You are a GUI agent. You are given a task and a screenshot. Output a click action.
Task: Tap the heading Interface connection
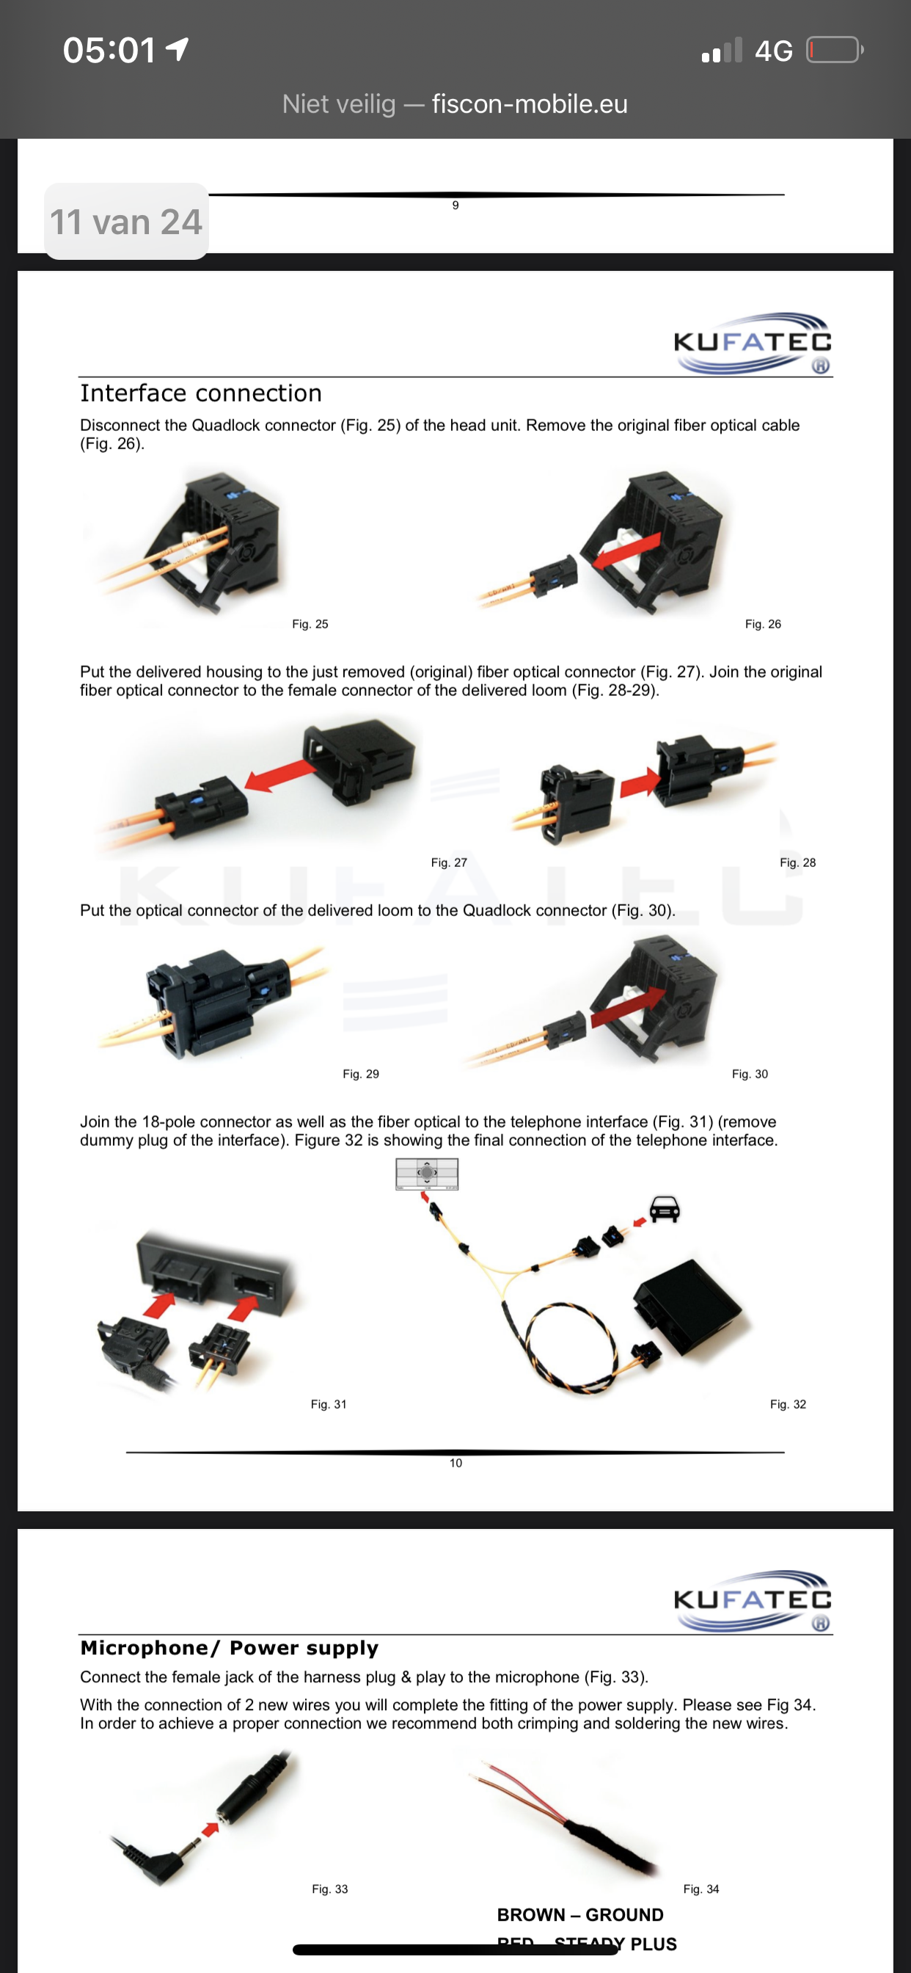[x=200, y=393]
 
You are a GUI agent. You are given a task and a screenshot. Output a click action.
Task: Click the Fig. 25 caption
[x=310, y=624]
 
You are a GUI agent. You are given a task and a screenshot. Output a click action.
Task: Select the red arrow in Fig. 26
[x=626, y=550]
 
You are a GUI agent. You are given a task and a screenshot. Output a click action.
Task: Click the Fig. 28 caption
[x=798, y=862]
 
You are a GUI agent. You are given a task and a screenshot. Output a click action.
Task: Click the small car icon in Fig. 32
[x=665, y=1209]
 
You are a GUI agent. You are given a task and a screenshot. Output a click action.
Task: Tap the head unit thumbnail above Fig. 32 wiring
[x=427, y=1174]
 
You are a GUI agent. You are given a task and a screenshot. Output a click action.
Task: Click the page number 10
[x=455, y=1463]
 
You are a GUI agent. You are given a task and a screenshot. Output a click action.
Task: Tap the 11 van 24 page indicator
[x=126, y=222]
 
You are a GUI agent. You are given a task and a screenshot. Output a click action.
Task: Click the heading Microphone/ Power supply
[x=230, y=1648]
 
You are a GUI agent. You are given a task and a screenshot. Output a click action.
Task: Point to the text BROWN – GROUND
[x=580, y=1915]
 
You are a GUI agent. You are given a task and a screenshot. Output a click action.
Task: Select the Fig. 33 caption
[x=330, y=1889]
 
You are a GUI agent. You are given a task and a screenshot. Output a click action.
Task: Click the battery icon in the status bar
[x=835, y=51]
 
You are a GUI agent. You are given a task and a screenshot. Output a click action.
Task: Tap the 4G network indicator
[x=773, y=51]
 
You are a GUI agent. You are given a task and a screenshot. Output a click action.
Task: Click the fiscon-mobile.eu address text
[x=530, y=103]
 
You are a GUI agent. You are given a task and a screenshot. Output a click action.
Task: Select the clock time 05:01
[x=109, y=51]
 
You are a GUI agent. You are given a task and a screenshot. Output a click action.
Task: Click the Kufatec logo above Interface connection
[x=753, y=343]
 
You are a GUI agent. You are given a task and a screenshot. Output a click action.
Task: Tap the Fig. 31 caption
[x=329, y=1404]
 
